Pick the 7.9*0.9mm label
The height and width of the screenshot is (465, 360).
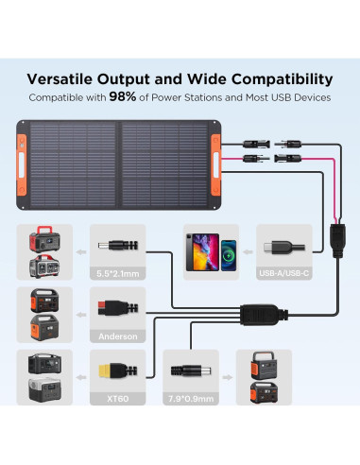[x=194, y=398]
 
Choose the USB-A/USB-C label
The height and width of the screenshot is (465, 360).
[x=284, y=273]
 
